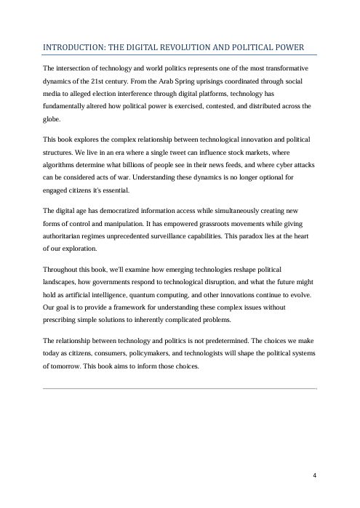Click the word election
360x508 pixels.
pyautogui.click(x=111, y=94)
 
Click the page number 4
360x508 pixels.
pyautogui.click(x=314, y=475)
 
